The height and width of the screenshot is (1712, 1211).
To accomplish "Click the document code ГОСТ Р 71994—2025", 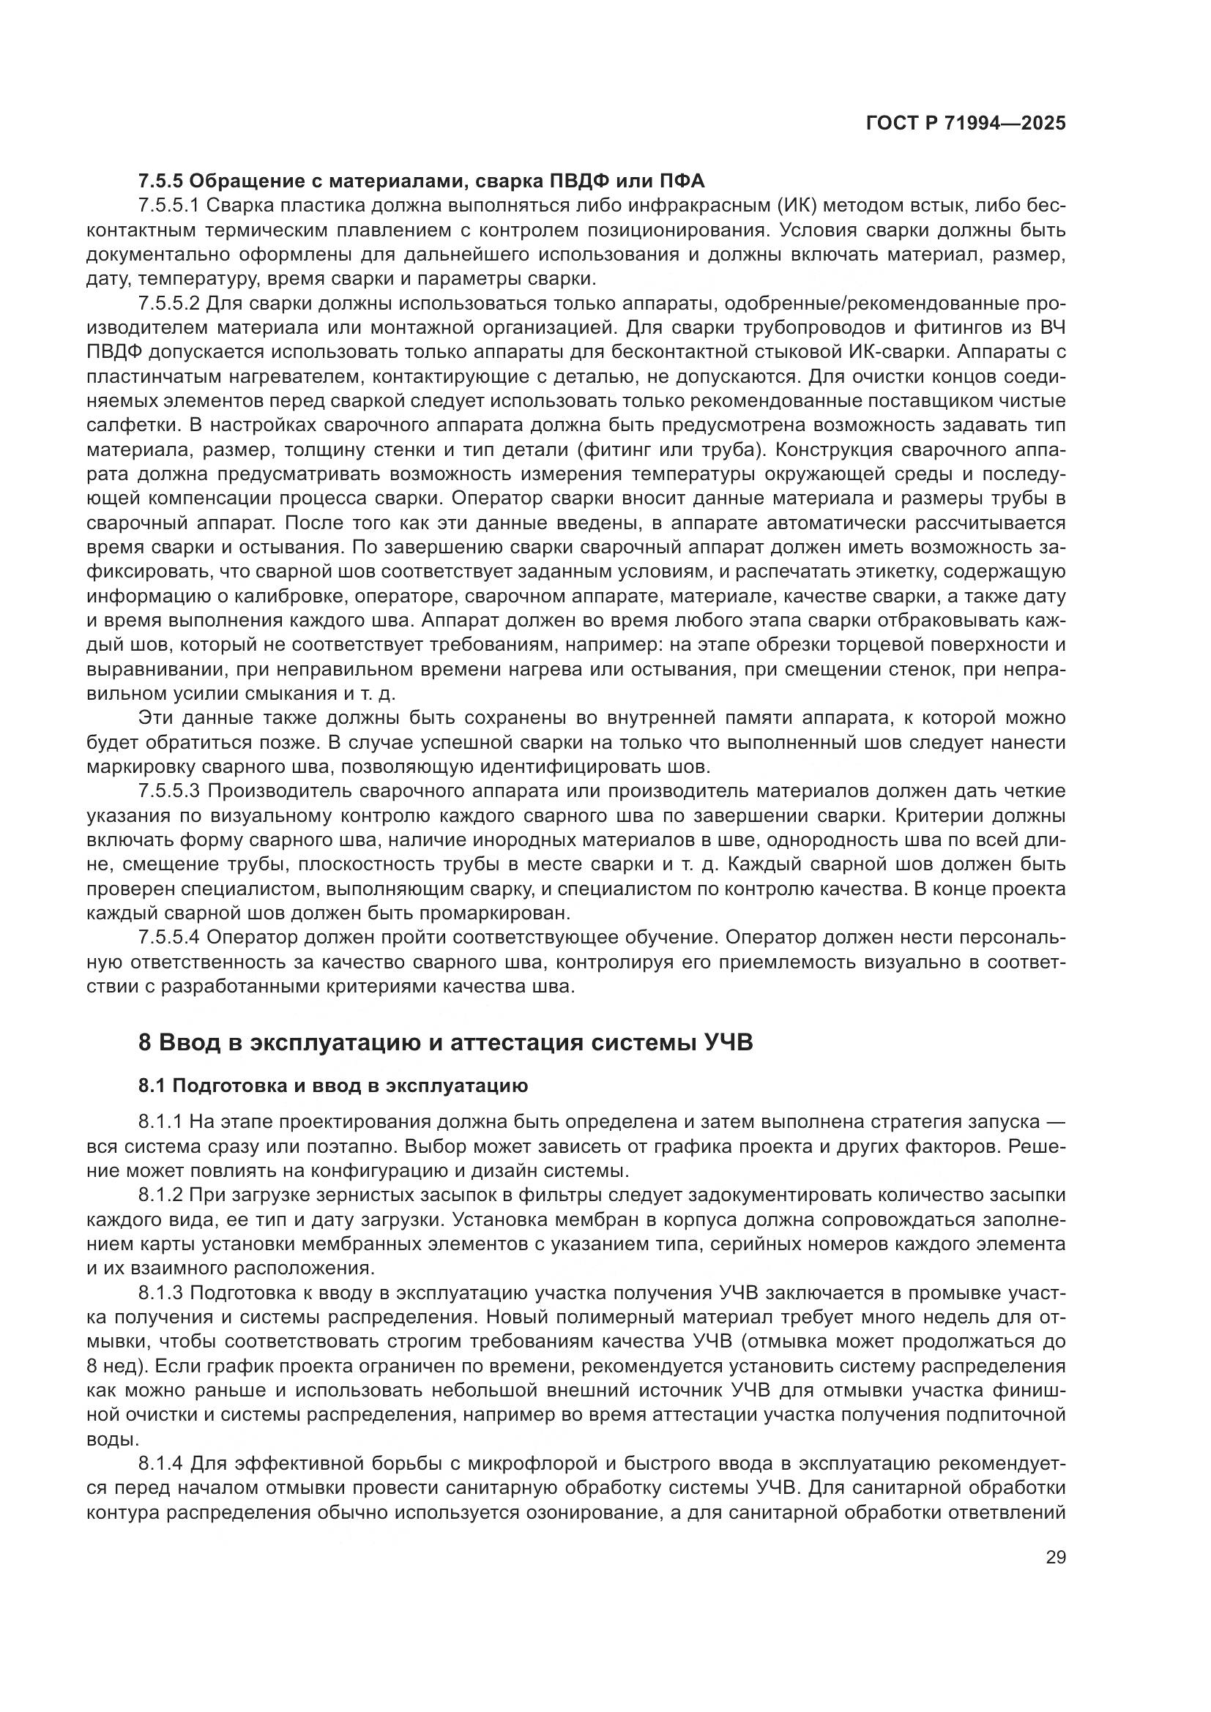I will (966, 124).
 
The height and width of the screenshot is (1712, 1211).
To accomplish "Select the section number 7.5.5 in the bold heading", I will (160, 182).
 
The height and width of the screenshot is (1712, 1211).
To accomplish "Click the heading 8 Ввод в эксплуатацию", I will (445, 1042).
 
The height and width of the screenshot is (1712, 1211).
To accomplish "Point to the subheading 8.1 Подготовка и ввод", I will (332, 1085).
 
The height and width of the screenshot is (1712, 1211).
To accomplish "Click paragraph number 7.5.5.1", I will (168, 205).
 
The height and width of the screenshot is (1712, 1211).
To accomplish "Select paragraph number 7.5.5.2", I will (168, 304).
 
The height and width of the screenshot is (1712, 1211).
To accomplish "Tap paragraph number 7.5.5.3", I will (168, 790).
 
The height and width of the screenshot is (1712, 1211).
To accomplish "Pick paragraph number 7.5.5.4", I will (168, 937).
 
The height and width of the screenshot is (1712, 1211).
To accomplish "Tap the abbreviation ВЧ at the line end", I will (1052, 328).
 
